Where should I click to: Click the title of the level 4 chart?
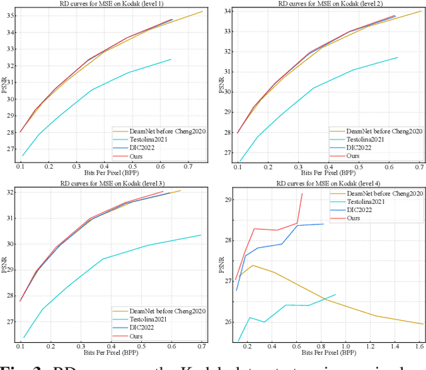point(332,184)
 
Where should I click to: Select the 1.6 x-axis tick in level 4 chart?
point(419,347)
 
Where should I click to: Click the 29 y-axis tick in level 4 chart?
point(224,199)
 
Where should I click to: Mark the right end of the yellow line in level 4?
point(423,324)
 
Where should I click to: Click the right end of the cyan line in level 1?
point(171,59)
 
